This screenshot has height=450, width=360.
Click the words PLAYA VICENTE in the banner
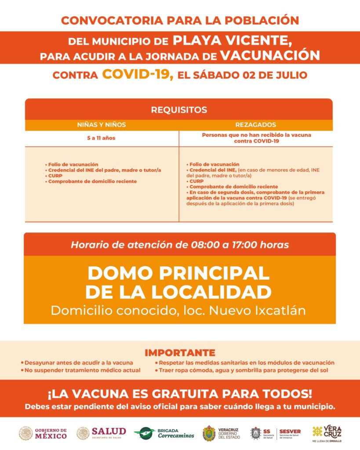[232, 41]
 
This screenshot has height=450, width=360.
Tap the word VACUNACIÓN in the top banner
[269, 56]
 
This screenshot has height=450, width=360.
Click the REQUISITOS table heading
[179, 110]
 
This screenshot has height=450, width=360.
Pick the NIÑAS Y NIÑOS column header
[102, 125]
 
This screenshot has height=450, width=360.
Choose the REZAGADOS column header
[256, 125]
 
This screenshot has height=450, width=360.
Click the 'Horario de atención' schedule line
[180, 245]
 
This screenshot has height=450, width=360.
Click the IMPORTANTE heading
[180, 352]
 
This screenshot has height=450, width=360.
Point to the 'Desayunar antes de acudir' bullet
[76, 363]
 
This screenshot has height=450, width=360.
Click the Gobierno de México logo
[43, 433]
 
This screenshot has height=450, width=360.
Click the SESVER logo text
[290, 432]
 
